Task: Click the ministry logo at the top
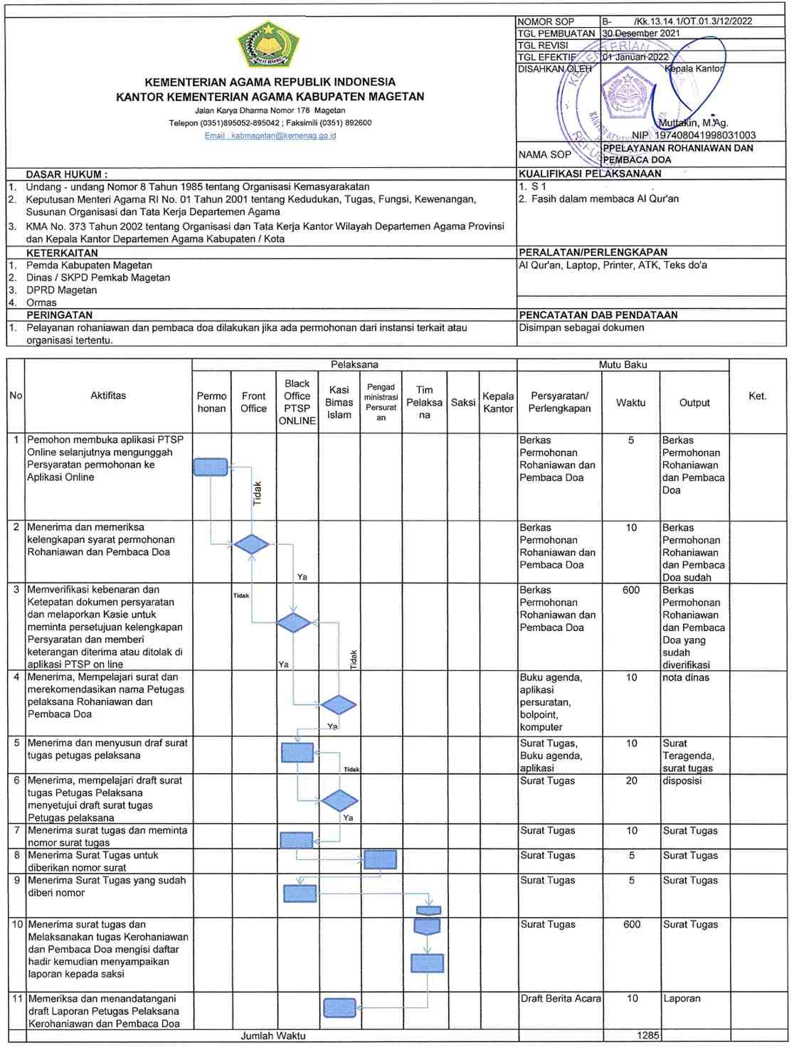pos(269,44)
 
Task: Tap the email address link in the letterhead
pos(270,135)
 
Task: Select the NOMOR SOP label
pos(546,21)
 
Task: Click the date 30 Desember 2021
pos(641,33)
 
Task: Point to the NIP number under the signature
pos(705,135)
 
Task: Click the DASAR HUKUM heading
pos(67,174)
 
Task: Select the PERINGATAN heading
pos(59,314)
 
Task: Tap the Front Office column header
pos(253,402)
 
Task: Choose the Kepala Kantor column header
pos(498,402)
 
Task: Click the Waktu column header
pos(630,403)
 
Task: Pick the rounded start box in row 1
pos(211,467)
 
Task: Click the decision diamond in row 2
pos(251,545)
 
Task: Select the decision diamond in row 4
pos(339,705)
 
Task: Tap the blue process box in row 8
pos(380,859)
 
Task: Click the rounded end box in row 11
pos(339,1007)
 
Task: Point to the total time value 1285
pos(648,1036)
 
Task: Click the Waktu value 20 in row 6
pos(632,780)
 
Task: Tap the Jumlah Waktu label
pos(272,1036)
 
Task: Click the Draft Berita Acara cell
pos(561,999)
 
